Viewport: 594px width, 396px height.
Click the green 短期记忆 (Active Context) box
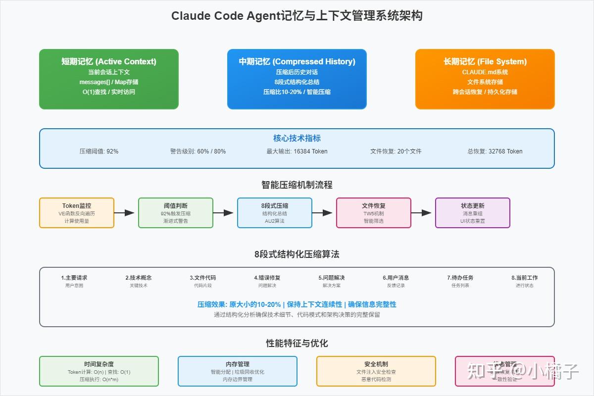109,79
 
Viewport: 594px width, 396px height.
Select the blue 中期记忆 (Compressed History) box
297,79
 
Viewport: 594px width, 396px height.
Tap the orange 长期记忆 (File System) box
485,79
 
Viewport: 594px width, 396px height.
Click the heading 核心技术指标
297,138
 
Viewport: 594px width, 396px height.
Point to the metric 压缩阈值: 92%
99,151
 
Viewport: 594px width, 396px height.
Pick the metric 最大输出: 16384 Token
297,151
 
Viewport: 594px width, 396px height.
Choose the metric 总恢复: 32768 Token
495,151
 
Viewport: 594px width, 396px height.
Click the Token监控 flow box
77,213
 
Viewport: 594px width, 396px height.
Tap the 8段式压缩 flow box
275,213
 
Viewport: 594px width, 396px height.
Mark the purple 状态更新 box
473,213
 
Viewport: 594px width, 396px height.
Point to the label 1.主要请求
74,278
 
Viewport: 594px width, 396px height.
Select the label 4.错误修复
267,278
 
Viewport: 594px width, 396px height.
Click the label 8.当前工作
525,278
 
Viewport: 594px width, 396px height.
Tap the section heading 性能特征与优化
297,343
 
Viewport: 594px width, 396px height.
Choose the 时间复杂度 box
99,371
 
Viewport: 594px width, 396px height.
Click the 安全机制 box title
376,364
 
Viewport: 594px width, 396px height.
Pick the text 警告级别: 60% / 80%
198,151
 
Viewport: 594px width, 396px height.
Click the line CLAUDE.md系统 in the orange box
485,72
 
